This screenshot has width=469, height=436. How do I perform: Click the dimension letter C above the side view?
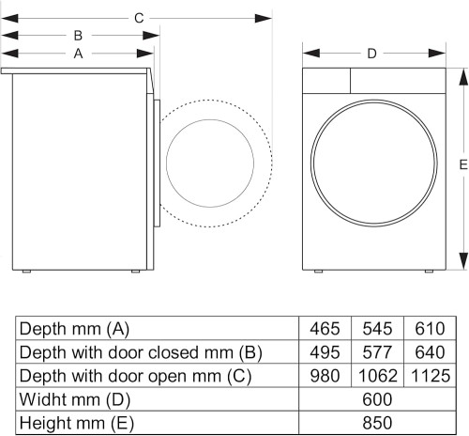138,18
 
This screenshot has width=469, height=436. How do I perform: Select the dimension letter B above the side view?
78,36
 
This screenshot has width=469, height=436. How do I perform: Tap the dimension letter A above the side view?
78,54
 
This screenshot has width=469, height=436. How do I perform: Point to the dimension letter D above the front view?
372,54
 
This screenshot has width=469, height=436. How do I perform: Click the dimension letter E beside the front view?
462,165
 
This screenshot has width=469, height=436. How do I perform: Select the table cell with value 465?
325,329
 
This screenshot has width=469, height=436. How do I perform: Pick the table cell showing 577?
376,352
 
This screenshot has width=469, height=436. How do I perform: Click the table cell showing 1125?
429,376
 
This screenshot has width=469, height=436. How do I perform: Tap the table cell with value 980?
325,376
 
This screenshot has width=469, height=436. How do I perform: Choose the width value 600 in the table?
376,399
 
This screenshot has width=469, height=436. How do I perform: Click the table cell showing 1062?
376,376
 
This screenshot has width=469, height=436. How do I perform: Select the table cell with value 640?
429,352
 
